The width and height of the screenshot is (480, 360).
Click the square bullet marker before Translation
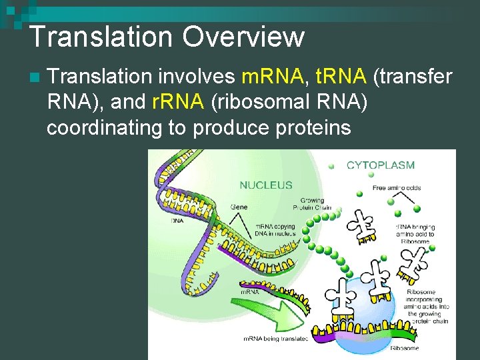(x=34, y=79)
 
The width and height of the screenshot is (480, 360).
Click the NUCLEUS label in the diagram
(x=266, y=185)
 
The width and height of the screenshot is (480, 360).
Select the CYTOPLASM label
(x=380, y=165)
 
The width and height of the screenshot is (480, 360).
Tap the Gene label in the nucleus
(x=238, y=207)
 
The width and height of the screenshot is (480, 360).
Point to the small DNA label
(x=177, y=220)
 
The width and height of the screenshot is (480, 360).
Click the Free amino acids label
(x=397, y=188)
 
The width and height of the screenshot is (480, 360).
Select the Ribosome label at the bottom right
(x=405, y=348)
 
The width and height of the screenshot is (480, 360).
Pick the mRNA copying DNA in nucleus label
(x=275, y=229)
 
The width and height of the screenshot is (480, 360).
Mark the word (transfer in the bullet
(x=413, y=79)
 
